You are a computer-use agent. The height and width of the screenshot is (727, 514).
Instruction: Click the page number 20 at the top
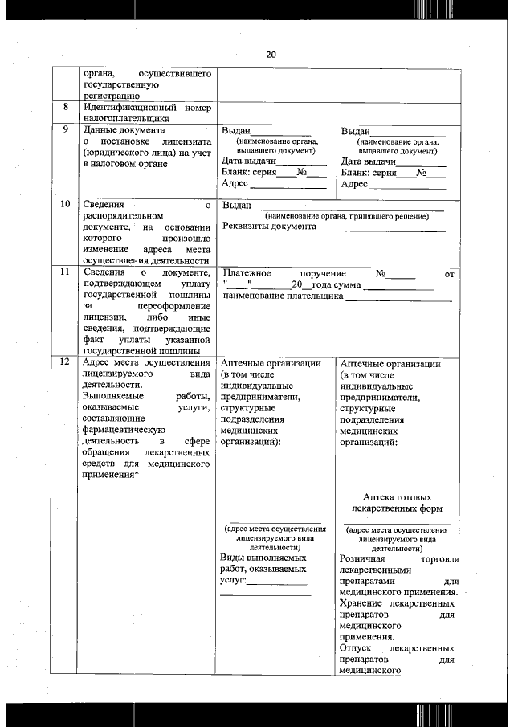[270, 55]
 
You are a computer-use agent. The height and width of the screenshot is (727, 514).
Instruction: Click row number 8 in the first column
[63, 108]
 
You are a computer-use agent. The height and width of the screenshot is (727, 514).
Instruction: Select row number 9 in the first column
[63, 129]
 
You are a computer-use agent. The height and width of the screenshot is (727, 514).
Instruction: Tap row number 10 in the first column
[63, 204]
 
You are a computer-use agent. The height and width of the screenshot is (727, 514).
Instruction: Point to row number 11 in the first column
[63, 274]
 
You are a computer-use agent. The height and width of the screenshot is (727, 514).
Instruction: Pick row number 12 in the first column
[63, 363]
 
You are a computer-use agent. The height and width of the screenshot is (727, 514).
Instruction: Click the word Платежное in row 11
[248, 274]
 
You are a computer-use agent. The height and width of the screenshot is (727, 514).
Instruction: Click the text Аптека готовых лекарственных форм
[397, 503]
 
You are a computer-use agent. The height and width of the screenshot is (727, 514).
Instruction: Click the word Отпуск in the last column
[353, 648]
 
